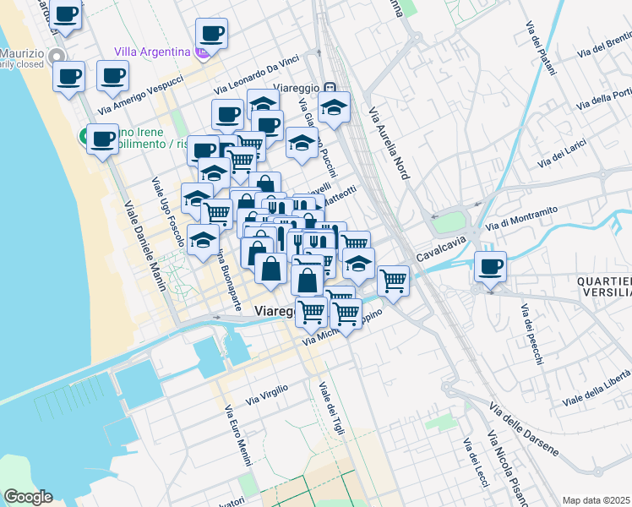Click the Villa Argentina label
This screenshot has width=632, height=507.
[152, 52]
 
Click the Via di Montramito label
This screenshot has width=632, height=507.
[523, 217]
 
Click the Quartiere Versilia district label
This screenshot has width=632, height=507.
[604, 286]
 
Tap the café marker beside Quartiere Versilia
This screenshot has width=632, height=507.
[490, 267]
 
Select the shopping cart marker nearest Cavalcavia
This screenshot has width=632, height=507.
[393, 280]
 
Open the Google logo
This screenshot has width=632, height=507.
[28, 497]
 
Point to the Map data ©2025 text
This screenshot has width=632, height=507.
[596, 500]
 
